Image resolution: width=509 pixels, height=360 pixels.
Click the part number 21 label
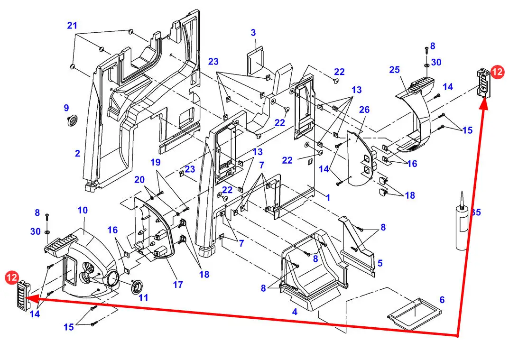pyautogui.click(x=72, y=26)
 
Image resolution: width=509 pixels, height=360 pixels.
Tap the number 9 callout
pyautogui.click(x=66, y=108)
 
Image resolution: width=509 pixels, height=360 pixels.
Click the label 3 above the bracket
pyautogui.click(x=254, y=32)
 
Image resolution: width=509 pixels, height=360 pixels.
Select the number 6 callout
pyautogui.click(x=442, y=300)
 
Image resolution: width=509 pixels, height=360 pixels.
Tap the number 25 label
pyautogui.click(x=394, y=70)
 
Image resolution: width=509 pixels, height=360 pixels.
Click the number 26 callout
pyautogui.click(x=364, y=110)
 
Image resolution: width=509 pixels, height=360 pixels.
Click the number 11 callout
pyautogui.click(x=143, y=298)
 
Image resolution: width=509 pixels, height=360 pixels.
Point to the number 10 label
pyautogui.click(x=83, y=210)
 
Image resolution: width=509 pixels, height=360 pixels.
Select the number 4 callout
pyautogui.click(x=295, y=312)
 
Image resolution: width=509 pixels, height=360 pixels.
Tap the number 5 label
pyautogui.click(x=380, y=263)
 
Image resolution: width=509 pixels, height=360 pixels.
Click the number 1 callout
pyautogui.click(x=327, y=198)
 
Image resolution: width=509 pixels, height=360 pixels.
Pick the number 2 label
pyautogui.click(x=77, y=153)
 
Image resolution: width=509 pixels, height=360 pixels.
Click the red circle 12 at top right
pyautogui.click(x=497, y=72)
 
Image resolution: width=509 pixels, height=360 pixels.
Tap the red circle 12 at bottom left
pyautogui.click(x=11, y=277)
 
